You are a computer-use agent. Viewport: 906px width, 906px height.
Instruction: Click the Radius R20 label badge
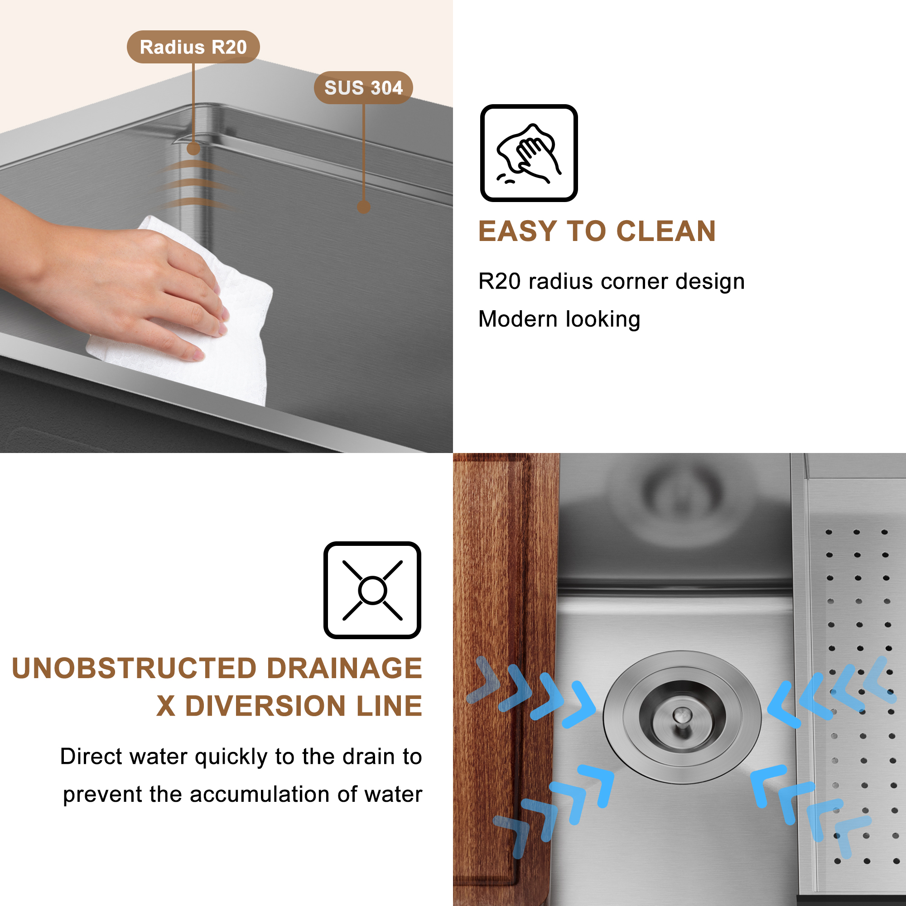(193, 47)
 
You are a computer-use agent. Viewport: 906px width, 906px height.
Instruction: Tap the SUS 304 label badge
(363, 88)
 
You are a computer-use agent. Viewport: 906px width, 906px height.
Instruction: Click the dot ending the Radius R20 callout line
(193, 149)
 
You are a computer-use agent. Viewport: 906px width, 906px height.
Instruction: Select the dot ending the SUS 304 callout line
(363, 207)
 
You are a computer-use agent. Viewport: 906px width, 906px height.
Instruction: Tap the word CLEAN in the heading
(665, 231)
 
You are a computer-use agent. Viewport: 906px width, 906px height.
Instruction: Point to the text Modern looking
(559, 319)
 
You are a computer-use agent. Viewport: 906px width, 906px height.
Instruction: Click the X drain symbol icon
(372, 590)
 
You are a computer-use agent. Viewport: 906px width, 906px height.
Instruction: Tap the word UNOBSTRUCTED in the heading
(135, 668)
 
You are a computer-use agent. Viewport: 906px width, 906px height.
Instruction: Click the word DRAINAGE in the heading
(345, 668)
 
